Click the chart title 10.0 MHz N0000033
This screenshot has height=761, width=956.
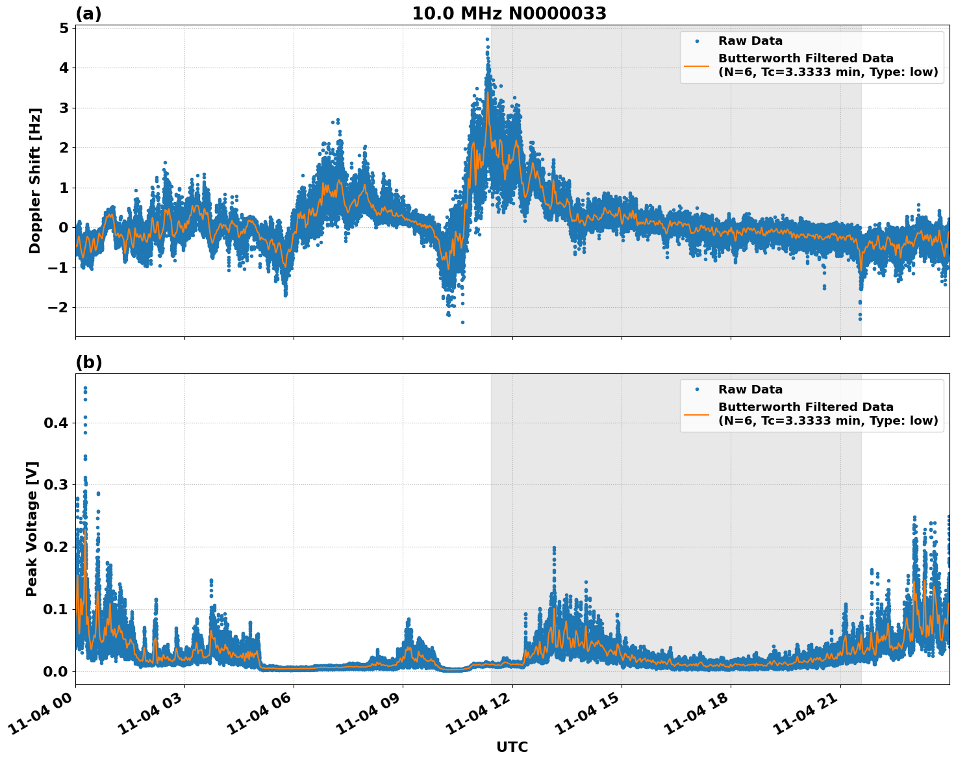(x=509, y=14)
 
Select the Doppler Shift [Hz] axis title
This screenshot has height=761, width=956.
(x=35, y=181)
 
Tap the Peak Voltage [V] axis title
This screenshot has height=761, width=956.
(x=32, y=529)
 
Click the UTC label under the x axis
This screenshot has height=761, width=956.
(x=512, y=747)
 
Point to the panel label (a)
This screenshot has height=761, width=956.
(x=88, y=14)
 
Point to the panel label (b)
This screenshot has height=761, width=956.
(x=88, y=362)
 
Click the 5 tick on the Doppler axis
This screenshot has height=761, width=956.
(x=64, y=29)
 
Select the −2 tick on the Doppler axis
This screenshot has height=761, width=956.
(x=58, y=307)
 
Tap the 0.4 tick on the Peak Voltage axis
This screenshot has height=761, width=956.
(x=55, y=423)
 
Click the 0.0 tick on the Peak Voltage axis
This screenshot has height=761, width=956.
(x=55, y=671)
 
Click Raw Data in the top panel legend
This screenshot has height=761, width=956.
(x=750, y=41)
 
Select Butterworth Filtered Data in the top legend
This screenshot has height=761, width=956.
(x=805, y=58)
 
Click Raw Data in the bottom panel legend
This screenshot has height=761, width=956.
(x=750, y=390)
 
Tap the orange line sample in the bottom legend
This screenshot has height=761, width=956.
(x=697, y=414)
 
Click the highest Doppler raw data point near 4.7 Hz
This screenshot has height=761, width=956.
(x=487, y=40)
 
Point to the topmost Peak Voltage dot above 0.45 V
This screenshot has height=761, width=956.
(x=85, y=388)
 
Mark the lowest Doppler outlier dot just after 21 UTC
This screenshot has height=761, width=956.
(x=860, y=318)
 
